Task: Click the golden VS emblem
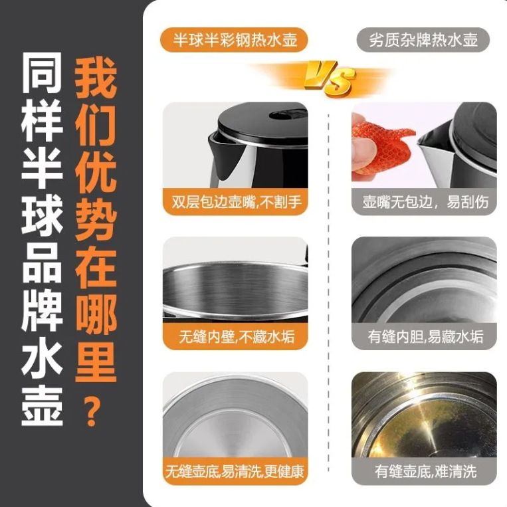(x=329, y=79)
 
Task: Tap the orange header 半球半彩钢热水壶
(x=235, y=40)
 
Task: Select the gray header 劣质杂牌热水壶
(x=423, y=40)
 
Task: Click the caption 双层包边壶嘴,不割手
(x=237, y=203)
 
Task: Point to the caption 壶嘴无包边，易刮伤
(x=425, y=203)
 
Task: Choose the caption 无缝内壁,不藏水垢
(x=237, y=337)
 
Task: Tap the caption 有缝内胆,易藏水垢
(x=425, y=337)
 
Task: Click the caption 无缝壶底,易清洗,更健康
(x=235, y=471)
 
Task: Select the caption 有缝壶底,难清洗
(x=425, y=471)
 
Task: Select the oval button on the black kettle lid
(x=288, y=115)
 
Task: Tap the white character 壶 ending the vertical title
(x=42, y=406)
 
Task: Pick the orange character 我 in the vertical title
(x=96, y=77)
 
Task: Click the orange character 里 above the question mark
(x=96, y=362)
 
